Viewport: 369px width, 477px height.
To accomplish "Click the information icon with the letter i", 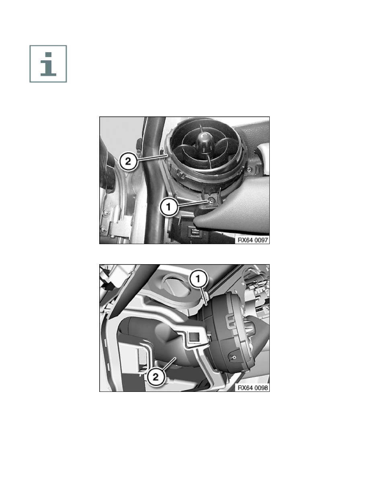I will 48,64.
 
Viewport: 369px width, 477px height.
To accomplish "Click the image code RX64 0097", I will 252,240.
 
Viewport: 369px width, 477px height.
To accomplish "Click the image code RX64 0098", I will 252,388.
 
